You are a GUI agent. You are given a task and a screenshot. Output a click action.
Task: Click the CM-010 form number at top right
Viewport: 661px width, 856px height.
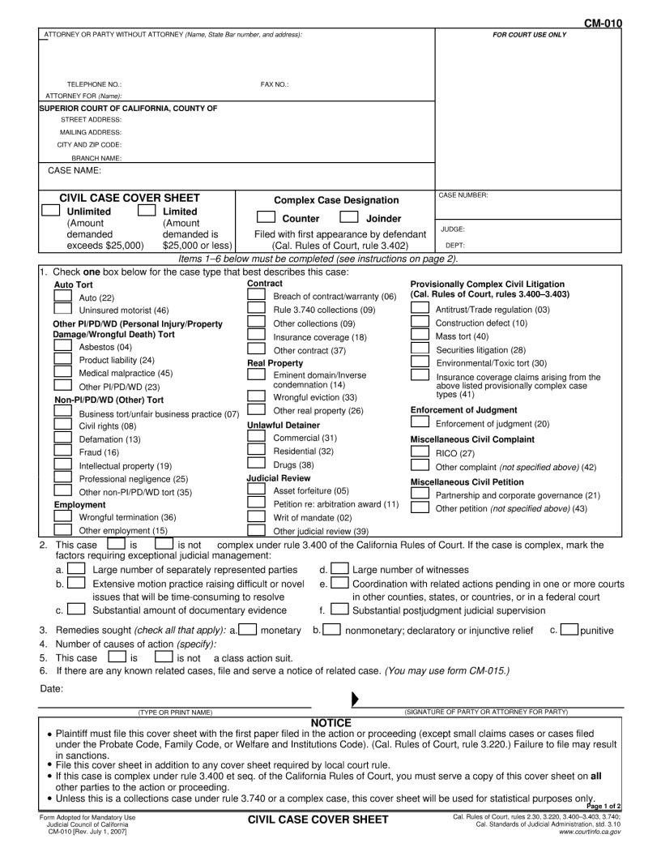(603, 24)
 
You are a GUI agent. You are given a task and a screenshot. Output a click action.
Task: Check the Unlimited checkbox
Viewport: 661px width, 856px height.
(51, 211)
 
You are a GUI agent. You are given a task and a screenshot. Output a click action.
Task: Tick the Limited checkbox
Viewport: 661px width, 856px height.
(147, 211)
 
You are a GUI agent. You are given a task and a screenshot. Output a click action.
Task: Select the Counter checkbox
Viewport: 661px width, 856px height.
(266, 217)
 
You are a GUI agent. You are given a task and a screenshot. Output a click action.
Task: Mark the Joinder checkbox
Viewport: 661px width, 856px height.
(349, 217)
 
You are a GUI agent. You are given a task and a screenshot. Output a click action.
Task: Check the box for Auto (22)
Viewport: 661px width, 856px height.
(62, 297)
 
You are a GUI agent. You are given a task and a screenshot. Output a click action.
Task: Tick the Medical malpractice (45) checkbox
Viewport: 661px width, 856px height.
(62, 373)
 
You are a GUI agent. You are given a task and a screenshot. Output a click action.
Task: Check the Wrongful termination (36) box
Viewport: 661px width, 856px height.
(62, 516)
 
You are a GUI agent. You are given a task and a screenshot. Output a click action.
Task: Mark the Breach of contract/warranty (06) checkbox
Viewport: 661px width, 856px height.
(256, 296)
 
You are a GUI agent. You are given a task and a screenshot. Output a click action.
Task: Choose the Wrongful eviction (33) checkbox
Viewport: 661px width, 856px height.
(256, 396)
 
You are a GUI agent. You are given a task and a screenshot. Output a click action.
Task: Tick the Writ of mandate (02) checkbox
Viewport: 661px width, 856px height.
(256, 516)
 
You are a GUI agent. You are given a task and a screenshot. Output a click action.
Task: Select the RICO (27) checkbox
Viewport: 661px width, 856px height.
(420, 452)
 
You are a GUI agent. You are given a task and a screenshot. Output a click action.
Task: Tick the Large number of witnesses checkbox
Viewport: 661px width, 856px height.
(339, 569)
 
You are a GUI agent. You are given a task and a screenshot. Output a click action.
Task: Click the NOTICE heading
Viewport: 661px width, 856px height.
(330, 723)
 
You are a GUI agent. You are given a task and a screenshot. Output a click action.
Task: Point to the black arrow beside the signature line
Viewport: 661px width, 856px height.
(355, 699)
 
